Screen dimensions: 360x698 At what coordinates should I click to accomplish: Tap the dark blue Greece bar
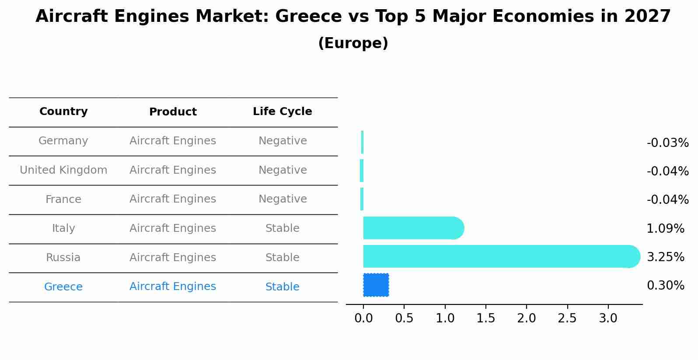pyautogui.click(x=376, y=285)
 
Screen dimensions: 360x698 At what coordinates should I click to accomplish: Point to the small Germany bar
pyautogui.click(x=362, y=142)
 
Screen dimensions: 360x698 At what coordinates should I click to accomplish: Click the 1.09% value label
pyautogui.click(x=665, y=228)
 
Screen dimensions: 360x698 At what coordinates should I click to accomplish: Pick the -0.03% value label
pyautogui.click(x=667, y=143)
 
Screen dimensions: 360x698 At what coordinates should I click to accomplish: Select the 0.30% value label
pyautogui.click(x=665, y=286)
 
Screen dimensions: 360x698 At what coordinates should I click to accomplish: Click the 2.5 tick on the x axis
pyautogui.click(x=567, y=318)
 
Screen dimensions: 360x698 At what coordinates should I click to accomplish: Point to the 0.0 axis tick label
pyautogui.click(x=363, y=318)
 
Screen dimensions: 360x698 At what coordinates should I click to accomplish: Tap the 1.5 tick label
pyautogui.click(x=485, y=318)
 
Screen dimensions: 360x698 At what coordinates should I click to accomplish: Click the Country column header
pyautogui.click(x=63, y=112)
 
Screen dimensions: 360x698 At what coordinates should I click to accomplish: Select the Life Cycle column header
pyautogui.click(x=282, y=112)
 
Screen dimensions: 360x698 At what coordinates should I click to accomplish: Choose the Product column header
pyautogui.click(x=173, y=112)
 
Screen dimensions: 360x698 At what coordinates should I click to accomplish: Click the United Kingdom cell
pyautogui.click(x=63, y=170)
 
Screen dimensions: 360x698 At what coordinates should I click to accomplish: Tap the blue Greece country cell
pyautogui.click(x=63, y=287)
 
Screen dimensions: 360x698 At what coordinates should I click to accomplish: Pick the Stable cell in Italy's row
pyautogui.click(x=282, y=228)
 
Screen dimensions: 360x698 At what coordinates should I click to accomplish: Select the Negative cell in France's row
pyautogui.click(x=282, y=199)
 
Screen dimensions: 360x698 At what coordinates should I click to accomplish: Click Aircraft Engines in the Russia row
pyautogui.click(x=173, y=258)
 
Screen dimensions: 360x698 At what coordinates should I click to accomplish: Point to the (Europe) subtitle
pyautogui.click(x=353, y=43)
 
